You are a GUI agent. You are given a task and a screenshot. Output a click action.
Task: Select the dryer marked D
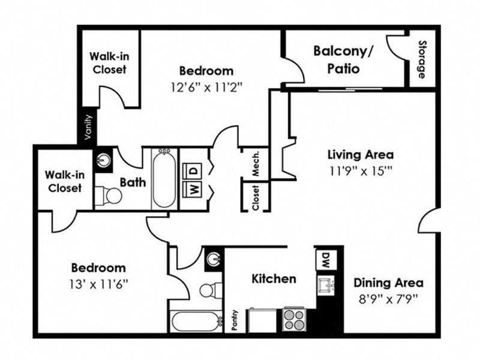coord(193,170)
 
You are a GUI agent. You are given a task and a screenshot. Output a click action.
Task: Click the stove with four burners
coord(294,318)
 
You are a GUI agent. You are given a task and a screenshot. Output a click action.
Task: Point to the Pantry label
coord(235,320)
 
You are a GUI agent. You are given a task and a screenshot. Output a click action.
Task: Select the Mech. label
coord(255,163)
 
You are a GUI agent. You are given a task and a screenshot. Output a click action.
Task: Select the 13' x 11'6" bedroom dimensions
coord(98,282)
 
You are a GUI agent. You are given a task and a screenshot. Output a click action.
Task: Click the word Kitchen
coord(273,279)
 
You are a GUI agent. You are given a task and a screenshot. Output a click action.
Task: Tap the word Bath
coord(132,182)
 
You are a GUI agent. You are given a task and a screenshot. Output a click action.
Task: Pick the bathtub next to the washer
coord(163,179)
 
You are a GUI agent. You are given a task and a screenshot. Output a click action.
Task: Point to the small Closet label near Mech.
coord(255,197)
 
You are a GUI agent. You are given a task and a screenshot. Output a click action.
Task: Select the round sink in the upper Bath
coord(103,160)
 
